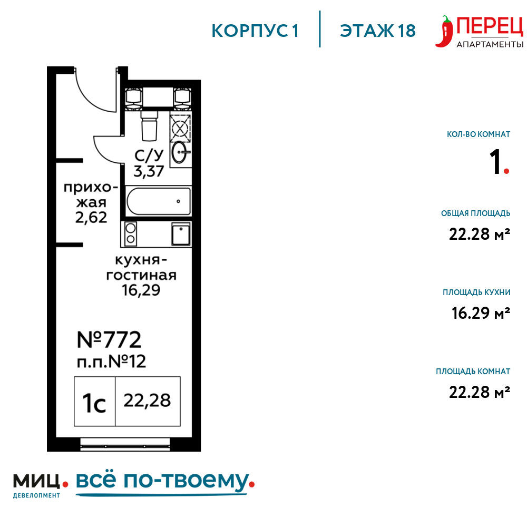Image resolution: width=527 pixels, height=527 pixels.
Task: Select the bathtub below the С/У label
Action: (158, 201)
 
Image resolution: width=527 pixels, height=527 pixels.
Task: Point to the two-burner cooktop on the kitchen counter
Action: (131, 233)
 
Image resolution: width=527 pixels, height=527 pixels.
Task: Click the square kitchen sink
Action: (181, 234)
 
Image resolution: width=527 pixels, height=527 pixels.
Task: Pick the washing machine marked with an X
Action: (180, 128)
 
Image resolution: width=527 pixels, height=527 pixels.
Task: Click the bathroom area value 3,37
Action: (149, 172)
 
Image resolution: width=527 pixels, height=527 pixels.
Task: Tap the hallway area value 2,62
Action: (91, 218)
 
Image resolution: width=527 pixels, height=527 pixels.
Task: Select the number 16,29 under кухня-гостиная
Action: (141, 290)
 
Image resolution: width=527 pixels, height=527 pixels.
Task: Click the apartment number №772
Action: (109, 339)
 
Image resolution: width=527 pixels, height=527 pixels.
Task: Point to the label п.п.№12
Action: (112, 362)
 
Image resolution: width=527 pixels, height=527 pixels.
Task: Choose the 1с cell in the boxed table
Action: (94, 401)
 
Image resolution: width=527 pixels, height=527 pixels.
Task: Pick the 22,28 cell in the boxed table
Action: (148, 401)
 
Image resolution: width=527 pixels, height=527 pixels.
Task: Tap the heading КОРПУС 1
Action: (255, 31)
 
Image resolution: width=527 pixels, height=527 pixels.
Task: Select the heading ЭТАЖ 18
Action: (378, 31)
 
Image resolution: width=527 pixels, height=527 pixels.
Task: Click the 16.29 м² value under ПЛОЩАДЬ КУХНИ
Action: (481, 313)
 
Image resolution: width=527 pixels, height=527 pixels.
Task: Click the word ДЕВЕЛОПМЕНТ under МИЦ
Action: (36, 495)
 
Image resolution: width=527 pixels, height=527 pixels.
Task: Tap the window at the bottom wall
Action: (125, 444)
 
